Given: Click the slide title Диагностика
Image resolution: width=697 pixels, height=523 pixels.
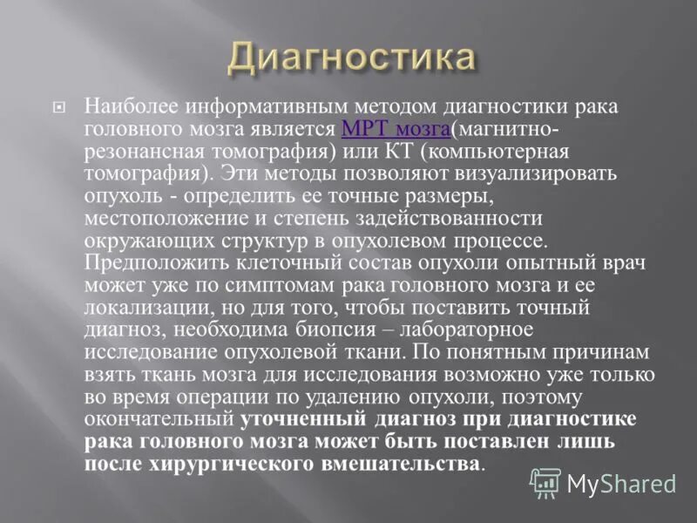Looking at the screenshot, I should tap(353, 59).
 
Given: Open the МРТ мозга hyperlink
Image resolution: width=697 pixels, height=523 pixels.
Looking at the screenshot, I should tap(396, 129).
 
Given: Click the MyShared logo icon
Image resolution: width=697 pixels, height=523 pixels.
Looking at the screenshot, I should tap(546, 483).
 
